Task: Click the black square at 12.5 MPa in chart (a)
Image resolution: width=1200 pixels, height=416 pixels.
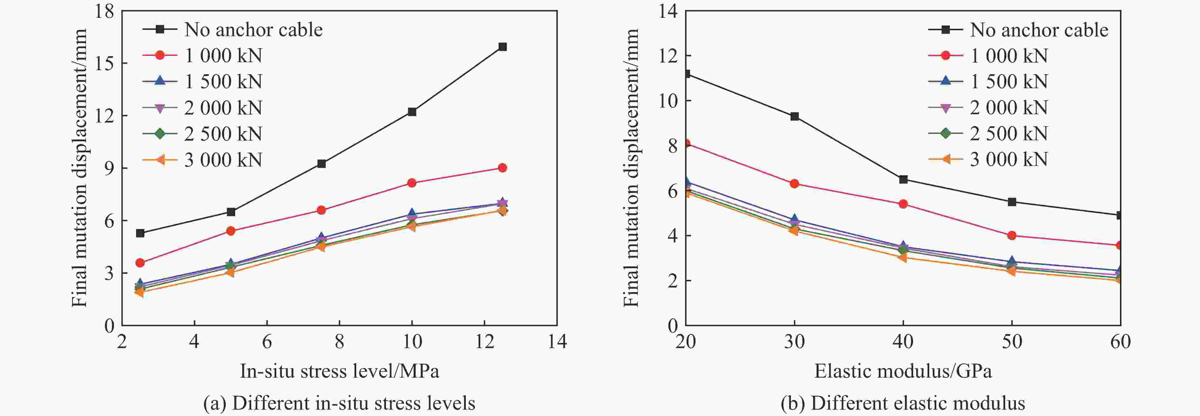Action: click(502, 47)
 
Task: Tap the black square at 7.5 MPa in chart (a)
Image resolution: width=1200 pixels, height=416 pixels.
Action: click(321, 163)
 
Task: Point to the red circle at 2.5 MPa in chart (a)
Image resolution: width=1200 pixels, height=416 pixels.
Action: click(140, 263)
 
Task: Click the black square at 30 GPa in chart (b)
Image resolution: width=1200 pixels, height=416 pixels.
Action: click(794, 116)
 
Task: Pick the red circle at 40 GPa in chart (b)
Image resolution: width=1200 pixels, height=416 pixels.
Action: click(903, 204)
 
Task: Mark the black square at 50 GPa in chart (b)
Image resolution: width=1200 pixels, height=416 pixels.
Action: click(1012, 202)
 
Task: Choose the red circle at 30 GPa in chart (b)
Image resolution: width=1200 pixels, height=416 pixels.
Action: click(794, 183)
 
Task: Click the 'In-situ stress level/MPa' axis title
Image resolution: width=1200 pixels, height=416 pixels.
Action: click(339, 371)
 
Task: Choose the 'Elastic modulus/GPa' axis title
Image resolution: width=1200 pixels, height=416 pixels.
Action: click(903, 371)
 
